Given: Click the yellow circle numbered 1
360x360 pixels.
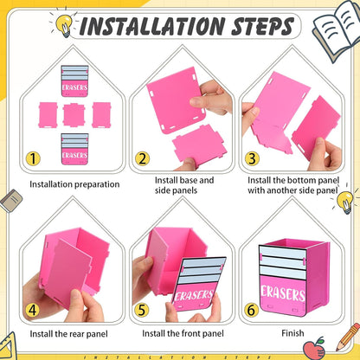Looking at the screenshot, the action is pyautogui.click(x=33, y=158).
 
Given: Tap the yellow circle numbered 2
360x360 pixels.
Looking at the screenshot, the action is pyautogui.click(x=143, y=158).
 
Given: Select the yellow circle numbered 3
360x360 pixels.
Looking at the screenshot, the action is pyautogui.click(x=252, y=158).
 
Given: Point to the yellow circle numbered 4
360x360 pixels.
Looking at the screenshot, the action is pyautogui.click(x=32, y=310).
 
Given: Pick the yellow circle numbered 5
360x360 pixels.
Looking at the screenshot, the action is pyautogui.click(x=142, y=310).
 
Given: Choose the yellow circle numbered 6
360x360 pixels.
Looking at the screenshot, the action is pyautogui.click(x=251, y=310).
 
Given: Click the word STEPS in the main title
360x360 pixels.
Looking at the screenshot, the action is pyautogui.click(x=262, y=26).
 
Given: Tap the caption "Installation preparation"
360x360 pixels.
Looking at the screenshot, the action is pyautogui.click(x=74, y=184).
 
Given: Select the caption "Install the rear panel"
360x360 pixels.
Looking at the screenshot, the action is pyautogui.click(x=68, y=334).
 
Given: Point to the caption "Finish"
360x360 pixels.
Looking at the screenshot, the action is pyautogui.click(x=292, y=333).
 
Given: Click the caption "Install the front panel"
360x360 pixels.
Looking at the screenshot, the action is pyautogui.click(x=183, y=334).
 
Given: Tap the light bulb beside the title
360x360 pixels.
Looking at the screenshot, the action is pyautogui.click(x=64, y=24).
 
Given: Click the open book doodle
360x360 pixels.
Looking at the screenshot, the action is pyautogui.click(x=336, y=30).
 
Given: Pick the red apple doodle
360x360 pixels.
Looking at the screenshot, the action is pyautogui.click(x=314, y=348).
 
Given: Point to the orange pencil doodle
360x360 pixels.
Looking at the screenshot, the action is pyautogui.click(x=349, y=337).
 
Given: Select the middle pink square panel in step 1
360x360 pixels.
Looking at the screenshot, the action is pyautogui.click(x=74, y=115).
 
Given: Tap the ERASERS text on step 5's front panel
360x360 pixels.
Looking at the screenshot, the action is pyautogui.click(x=194, y=296).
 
